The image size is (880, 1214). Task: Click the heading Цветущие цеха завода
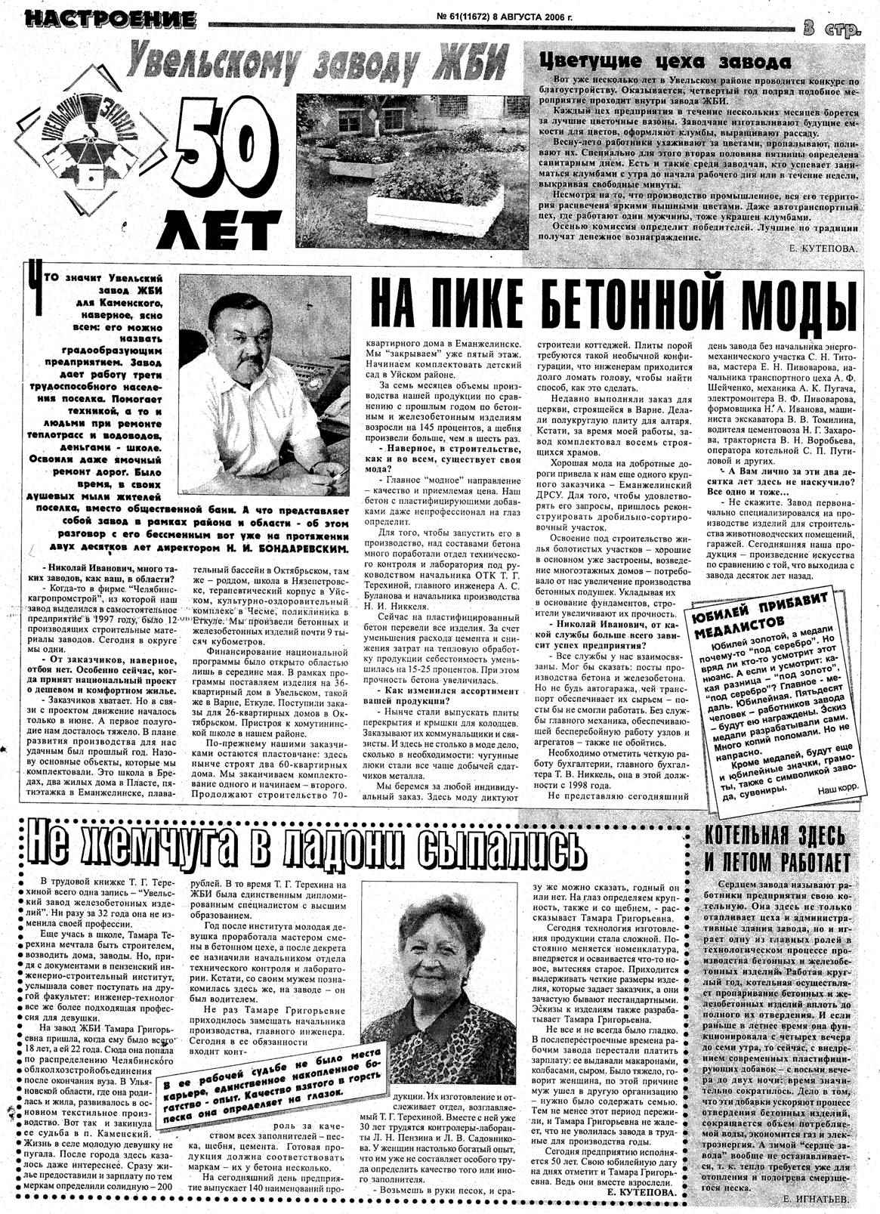tap(664, 61)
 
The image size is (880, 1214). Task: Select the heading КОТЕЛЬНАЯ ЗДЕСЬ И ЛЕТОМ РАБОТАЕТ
tap(777, 848)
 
